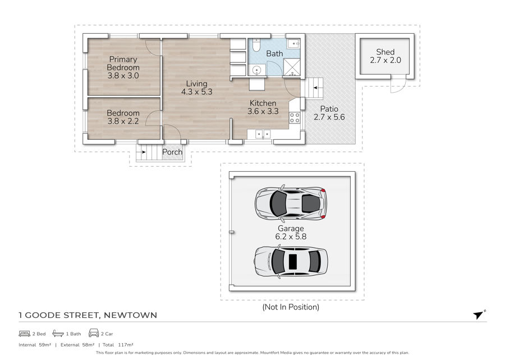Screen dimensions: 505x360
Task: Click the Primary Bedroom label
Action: pos(123,63)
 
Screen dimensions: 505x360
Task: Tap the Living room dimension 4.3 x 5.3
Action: pos(197,92)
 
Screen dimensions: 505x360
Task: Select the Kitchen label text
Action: pos(263,103)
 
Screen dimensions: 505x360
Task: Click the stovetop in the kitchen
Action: pos(295,117)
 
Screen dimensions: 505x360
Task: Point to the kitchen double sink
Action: pos(263,134)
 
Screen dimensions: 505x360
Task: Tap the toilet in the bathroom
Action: pos(256,45)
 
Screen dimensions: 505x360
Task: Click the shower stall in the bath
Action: pos(291,68)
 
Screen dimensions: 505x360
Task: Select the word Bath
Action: pos(274,53)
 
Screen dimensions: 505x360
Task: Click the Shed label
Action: pos(385,52)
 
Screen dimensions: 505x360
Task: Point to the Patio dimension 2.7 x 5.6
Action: pos(329,117)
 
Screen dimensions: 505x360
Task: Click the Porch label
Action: pos(172,152)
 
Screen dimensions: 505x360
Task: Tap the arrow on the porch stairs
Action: pos(143,152)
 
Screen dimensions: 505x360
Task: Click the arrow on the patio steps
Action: pos(317,88)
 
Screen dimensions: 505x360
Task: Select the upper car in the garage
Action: pos(291,203)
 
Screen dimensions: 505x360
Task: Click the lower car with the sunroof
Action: pos(291,261)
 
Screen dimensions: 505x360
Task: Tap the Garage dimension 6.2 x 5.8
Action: pos(291,236)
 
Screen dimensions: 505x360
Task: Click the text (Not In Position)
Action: pos(291,307)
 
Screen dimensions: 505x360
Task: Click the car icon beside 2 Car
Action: pos(94,333)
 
